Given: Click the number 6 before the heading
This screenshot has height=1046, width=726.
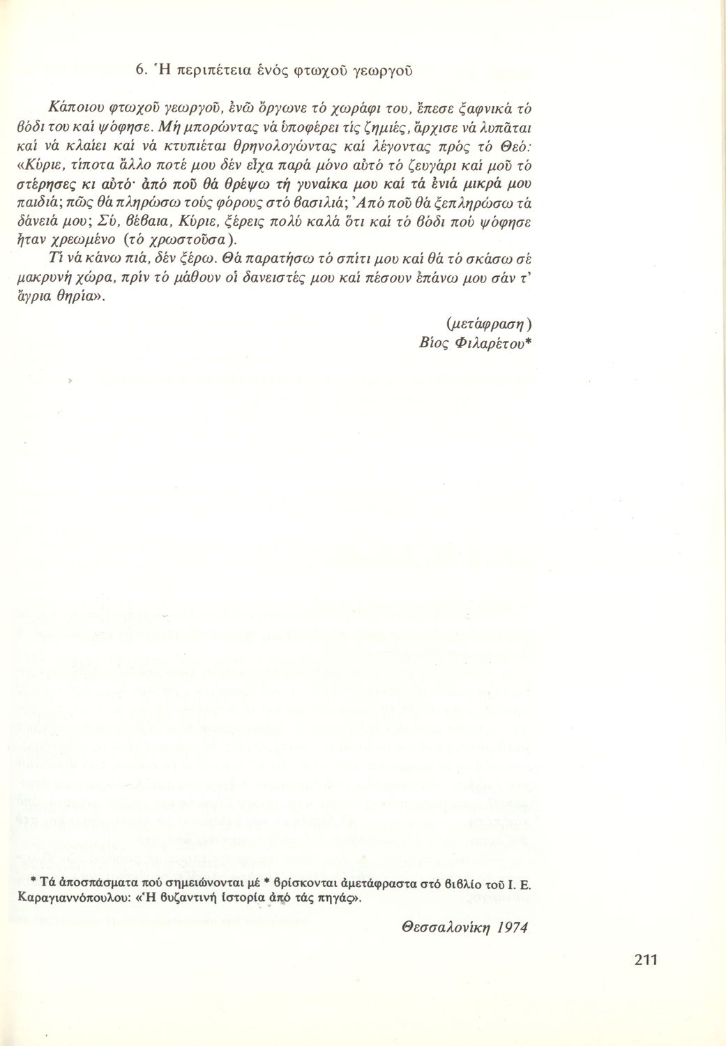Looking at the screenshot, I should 138,70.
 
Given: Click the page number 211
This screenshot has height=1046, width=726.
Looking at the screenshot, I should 646,960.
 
